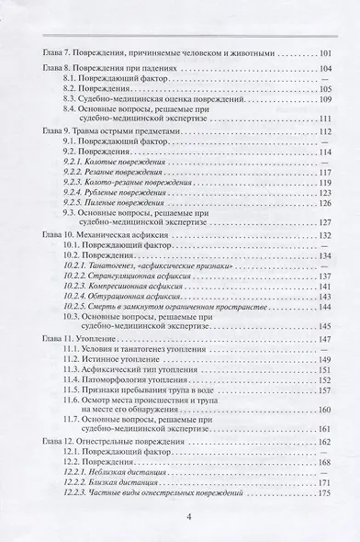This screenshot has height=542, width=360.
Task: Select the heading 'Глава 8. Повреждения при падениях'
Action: coord(101,69)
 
